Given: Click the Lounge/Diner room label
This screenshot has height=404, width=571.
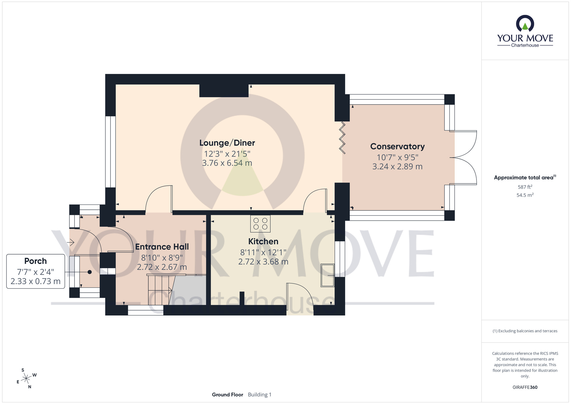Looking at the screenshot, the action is (227, 143).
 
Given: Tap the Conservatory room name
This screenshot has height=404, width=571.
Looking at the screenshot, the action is (397, 147).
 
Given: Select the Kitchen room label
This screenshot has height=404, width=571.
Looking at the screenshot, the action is (263, 241).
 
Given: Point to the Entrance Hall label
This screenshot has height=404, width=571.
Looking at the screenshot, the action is (162, 247).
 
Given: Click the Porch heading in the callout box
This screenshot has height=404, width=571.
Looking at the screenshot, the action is (35, 261).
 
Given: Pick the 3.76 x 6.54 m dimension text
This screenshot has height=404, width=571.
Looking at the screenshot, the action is (227, 163).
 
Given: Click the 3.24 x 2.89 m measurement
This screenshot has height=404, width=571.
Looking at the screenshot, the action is (397, 167).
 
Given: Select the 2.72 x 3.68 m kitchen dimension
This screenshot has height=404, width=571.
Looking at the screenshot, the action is (263, 262).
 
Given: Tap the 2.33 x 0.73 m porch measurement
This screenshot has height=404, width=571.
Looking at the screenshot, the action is (35, 281).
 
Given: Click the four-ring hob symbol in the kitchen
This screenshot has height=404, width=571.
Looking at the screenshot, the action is (260, 223).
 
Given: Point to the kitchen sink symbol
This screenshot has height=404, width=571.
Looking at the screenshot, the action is (327, 275).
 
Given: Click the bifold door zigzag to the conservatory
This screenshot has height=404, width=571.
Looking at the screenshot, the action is (342, 138).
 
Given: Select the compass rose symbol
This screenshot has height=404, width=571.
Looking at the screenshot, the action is (26, 379).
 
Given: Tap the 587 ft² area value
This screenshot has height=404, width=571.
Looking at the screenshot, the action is (525, 187).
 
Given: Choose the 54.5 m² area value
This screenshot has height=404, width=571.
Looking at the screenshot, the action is (525, 195).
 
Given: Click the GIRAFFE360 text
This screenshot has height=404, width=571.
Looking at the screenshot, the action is (525, 387).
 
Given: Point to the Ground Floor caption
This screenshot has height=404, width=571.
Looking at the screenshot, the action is (228, 395).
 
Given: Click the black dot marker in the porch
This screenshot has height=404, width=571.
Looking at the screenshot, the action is (90, 272).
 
